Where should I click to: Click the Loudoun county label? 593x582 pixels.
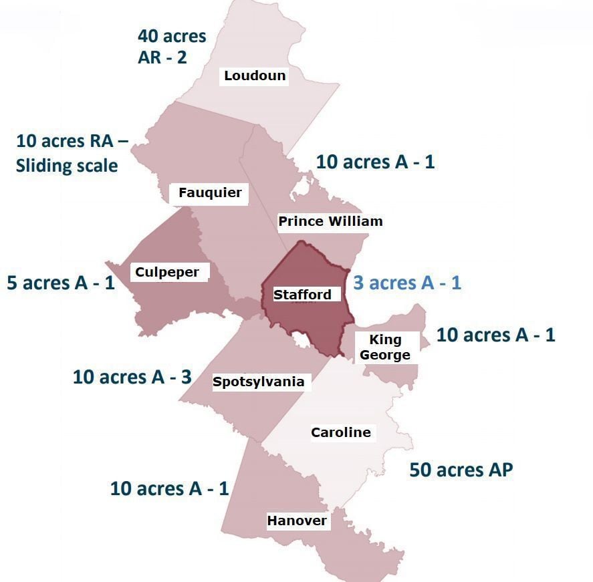coord(255,76)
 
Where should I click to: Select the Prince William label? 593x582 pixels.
coord(330,221)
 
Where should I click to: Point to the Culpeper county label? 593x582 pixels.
coord(167,272)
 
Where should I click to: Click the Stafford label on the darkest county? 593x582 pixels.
coord(302,295)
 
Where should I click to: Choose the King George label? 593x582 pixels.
coord(385,347)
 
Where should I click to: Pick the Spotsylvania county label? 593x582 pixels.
coord(258,382)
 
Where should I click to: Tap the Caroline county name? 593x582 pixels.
coord(340,432)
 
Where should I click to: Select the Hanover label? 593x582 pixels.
coord(297,521)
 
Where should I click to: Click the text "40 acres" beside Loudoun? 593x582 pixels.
coord(172,35)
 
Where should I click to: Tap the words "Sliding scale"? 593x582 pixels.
coord(67,165)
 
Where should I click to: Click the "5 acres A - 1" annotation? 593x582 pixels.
coord(61,283)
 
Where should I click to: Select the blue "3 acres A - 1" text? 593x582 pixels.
coord(407,283)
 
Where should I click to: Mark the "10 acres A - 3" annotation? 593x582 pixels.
coord(132,377)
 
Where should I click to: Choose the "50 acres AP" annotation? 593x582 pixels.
coord(461,470)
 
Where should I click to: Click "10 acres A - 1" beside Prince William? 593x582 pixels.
coord(375,162)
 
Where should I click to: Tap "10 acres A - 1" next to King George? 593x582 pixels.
coord(495,335)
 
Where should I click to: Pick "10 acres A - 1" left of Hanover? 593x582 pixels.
coord(169,488)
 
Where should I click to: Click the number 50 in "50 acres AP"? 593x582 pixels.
coord(421,470)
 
